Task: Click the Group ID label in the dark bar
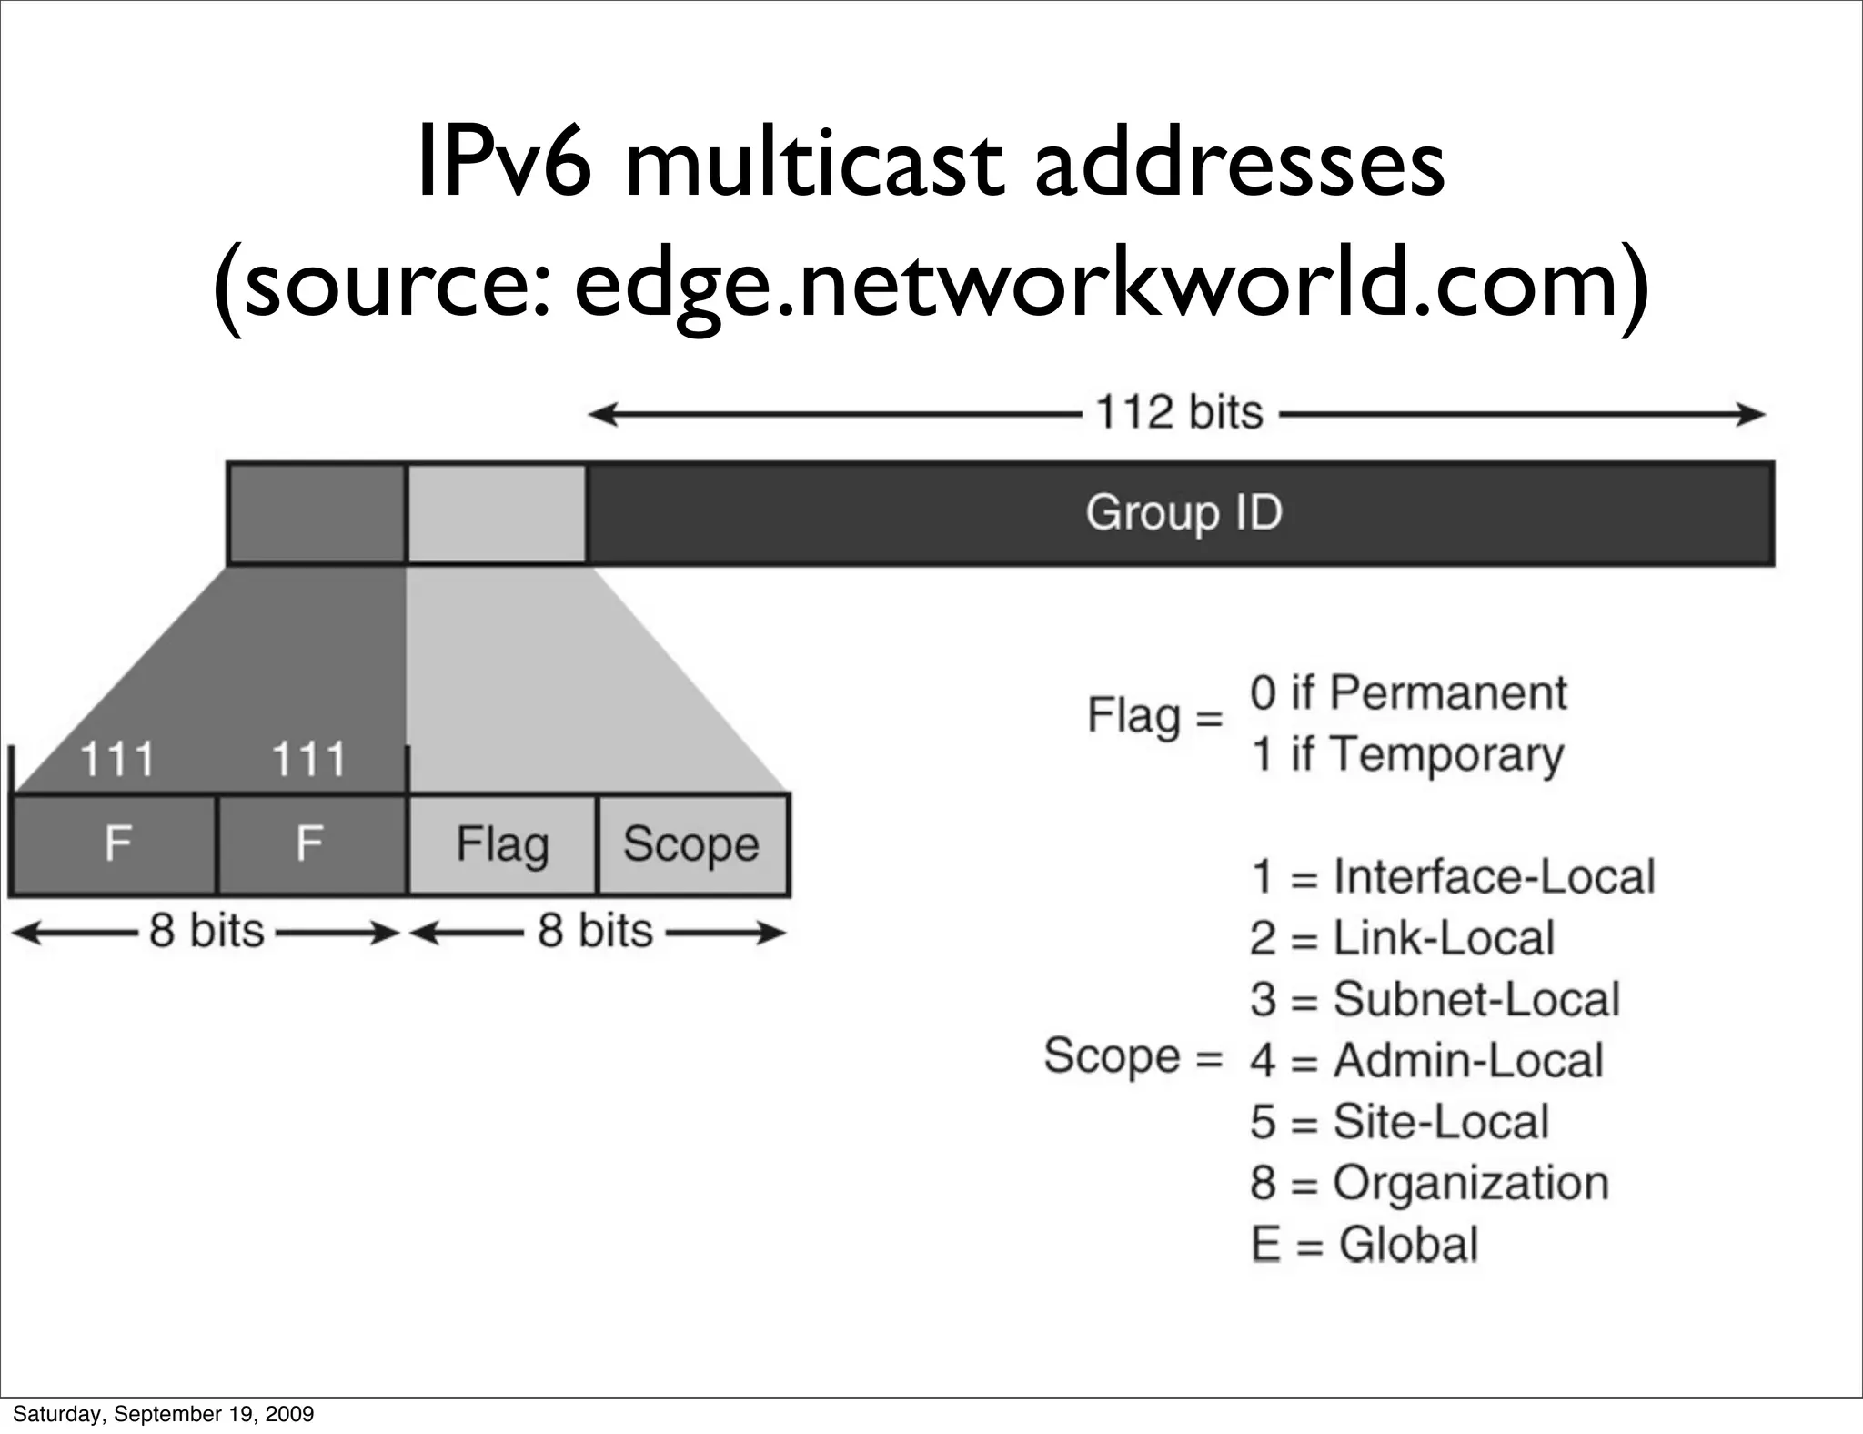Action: coord(1183,513)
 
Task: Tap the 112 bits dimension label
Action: coord(1179,413)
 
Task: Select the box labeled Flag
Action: coord(502,844)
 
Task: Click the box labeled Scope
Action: coord(692,844)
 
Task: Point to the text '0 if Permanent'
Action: coord(1407,693)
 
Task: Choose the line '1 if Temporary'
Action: coord(1406,755)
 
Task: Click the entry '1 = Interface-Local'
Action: coord(1452,877)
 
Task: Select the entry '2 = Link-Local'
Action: coord(1402,938)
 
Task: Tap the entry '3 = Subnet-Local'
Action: coord(1435,999)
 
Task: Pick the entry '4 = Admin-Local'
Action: coord(1425,1060)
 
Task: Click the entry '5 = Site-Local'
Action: coord(1399,1122)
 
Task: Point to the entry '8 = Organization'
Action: coord(1429,1183)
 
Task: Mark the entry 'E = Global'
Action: coord(1365,1245)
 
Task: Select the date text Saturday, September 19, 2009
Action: coord(163,1414)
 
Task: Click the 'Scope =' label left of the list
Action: coord(1133,1056)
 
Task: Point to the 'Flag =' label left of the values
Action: coord(1154,717)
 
